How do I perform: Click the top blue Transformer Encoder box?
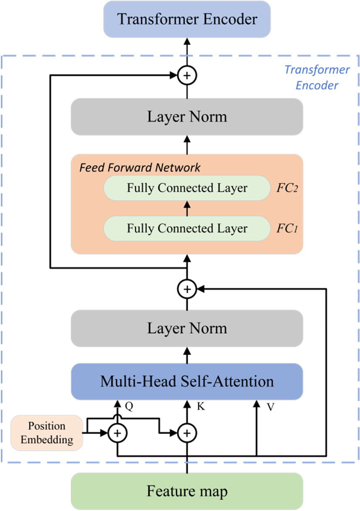coord(187,19)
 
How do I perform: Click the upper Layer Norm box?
coord(187,117)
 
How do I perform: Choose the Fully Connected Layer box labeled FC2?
coord(187,188)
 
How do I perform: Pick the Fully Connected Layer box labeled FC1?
coord(187,228)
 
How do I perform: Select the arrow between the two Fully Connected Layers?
coord(187,208)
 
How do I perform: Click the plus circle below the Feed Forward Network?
coord(187,288)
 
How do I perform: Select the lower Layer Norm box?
coord(187,328)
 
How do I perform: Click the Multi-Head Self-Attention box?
coord(187,382)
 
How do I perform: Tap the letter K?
coord(200,407)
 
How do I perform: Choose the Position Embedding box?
coord(47,433)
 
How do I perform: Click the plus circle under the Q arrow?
coord(117,433)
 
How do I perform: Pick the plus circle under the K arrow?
coord(187,433)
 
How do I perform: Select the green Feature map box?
coord(187,492)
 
